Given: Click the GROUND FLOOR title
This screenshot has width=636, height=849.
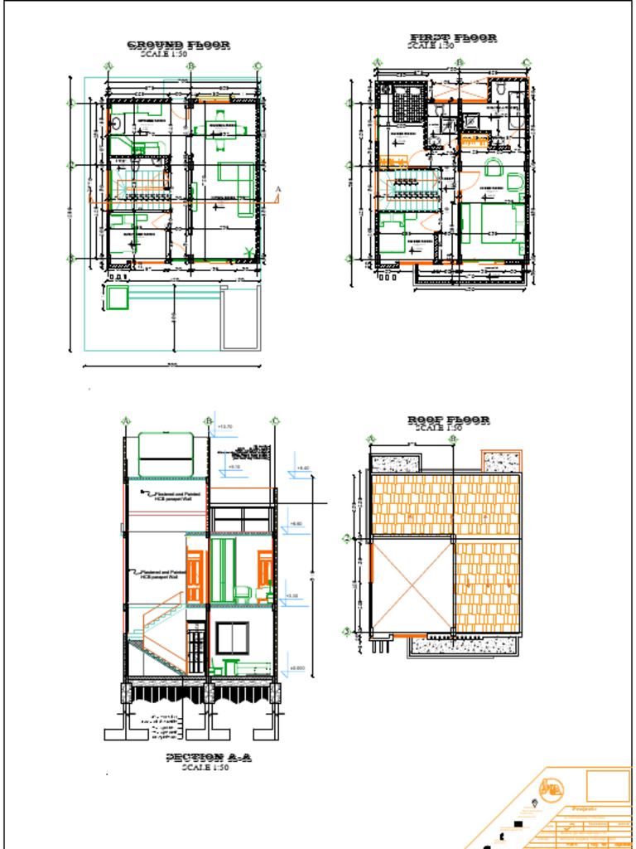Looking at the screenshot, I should pos(178,45).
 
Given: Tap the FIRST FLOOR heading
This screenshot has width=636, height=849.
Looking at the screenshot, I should pos(453,38).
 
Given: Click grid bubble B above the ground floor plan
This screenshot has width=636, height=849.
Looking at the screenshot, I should pos(190,65).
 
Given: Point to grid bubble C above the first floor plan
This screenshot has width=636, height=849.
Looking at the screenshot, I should pos(526,62).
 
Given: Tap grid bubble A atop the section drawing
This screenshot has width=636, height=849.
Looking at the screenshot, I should pos(126,421).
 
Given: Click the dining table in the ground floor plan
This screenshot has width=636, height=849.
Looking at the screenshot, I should pos(221,129).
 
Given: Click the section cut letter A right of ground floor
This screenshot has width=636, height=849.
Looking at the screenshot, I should pos(278,190).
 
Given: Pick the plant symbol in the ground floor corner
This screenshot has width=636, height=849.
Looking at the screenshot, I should pos(247,251).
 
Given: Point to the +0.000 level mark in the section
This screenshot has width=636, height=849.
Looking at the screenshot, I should pos(298,668).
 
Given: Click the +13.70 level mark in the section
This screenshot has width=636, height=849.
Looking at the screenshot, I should pos(224,427).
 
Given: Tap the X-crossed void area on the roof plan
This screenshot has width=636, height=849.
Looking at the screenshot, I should pos(412,585).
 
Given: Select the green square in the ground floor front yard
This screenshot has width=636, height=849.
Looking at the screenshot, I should pos(118,298).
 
